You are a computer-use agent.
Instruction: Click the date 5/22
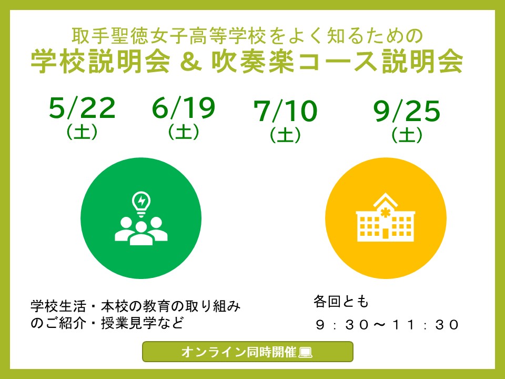[x=82, y=108]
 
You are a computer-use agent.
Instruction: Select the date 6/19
[x=183, y=108]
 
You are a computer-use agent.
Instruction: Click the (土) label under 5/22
[x=82, y=132]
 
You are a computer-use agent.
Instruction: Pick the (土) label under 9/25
[x=407, y=135]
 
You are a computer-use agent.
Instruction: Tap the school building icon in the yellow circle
[x=386, y=217]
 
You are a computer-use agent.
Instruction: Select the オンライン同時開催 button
[x=248, y=352]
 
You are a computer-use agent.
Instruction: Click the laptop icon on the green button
[x=305, y=352]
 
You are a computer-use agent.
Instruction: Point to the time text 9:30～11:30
[x=387, y=325]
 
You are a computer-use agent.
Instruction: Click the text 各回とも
[x=341, y=302]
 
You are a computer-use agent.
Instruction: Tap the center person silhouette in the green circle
[x=141, y=234]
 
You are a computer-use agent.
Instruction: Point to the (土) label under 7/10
[x=285, y=135]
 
